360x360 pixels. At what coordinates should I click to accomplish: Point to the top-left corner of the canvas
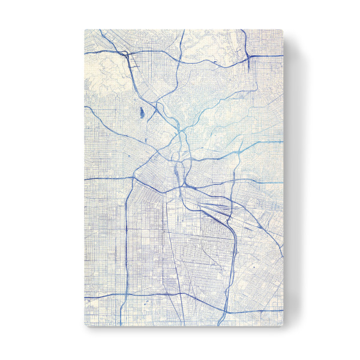click(x=85, y=29)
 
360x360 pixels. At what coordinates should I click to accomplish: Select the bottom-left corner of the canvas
click(x=85, y=326)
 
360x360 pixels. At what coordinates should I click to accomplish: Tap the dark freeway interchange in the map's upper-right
click(x=248, y=56)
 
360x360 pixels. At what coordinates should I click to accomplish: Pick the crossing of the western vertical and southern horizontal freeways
click(x=126, y=293)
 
